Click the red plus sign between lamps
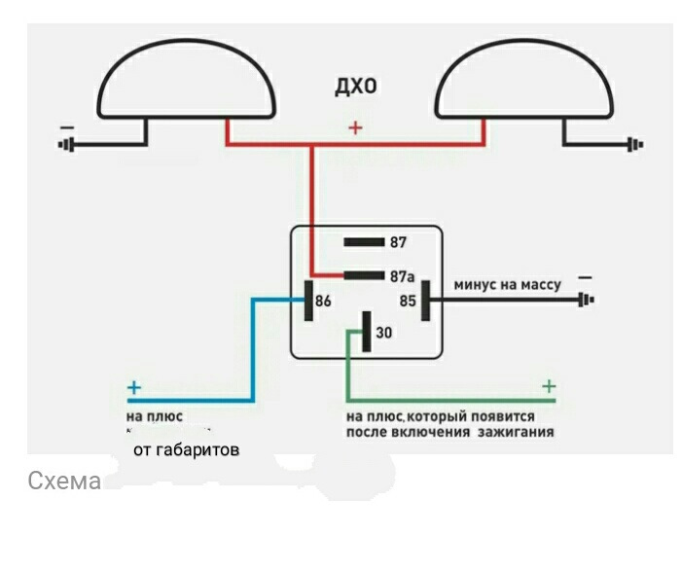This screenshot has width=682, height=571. point(355,127)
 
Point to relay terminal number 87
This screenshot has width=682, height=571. point(397,242)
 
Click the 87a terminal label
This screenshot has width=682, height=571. point(403,276)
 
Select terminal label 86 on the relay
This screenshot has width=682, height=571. point(323,302)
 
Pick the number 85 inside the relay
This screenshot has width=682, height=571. point(408,302)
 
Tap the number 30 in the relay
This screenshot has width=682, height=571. point(383,333)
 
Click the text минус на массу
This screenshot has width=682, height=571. point(507,284)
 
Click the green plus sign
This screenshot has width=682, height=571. point(549,386)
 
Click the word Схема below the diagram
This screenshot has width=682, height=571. point(64,481)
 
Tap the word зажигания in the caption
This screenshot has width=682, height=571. point(516,431)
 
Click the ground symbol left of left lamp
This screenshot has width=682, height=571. point(67,147)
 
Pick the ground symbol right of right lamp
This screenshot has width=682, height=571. point(636,147)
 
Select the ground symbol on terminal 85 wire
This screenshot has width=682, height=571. point(586,301)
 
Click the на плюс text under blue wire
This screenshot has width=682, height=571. point(156,415)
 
